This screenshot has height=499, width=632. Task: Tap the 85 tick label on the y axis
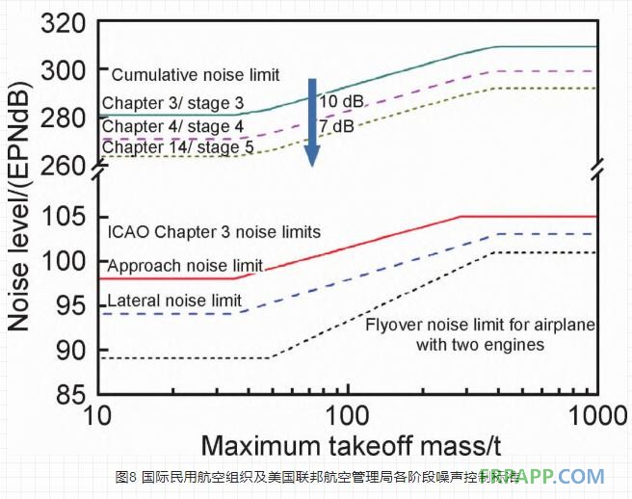pos(70,394)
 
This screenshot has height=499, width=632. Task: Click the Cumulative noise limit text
pos(196,75)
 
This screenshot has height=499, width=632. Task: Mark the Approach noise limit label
pos(185,266)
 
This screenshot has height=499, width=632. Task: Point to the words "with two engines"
pos(480,344)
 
